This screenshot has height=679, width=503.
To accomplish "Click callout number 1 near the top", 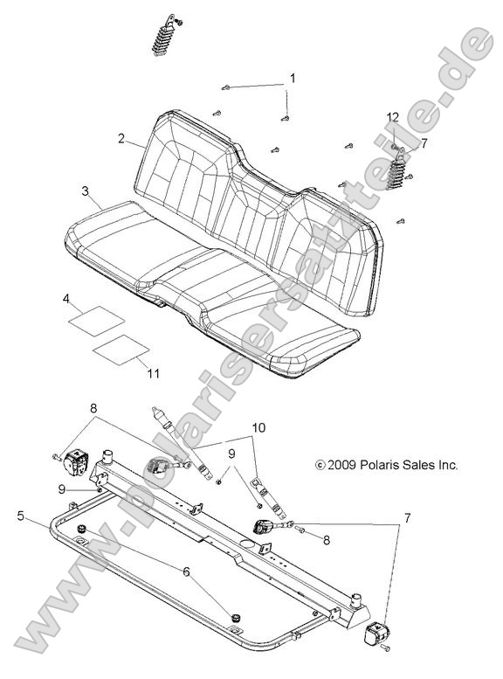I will (293, 79).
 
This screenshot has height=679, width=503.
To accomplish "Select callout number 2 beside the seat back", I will (122, 139).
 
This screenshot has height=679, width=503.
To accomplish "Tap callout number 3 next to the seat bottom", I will (85, 191).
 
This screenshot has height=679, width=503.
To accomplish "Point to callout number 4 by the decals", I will (66, 299).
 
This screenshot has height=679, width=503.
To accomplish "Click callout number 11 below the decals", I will (153, 374).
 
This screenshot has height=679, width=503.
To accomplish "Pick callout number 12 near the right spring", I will (394, 117).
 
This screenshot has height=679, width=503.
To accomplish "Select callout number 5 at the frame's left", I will (20, 516).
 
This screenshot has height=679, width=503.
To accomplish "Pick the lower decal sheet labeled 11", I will (122, 347).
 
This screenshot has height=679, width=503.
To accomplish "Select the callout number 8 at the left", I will (93, 406).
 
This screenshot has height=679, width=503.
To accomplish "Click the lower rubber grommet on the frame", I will (235, 618).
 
